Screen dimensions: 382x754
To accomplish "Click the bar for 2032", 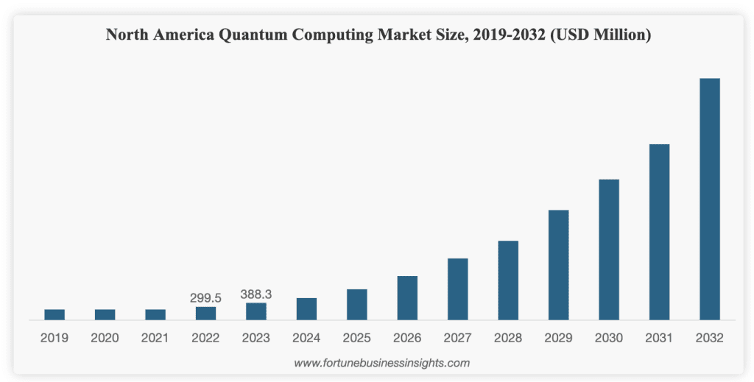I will point(709,199).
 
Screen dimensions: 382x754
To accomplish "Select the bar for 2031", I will point(659,232).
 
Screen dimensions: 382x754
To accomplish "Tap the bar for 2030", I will point(609,250).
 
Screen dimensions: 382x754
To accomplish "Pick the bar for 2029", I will point(558,265).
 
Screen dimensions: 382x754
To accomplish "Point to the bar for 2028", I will point(508,280).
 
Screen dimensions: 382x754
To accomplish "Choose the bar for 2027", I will point(457,289).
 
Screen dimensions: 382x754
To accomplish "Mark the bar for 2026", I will point(407,298).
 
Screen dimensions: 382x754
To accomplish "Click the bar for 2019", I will point(54,314).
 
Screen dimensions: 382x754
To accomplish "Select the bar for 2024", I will point(306,309).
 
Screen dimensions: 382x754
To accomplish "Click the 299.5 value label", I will point(205,298).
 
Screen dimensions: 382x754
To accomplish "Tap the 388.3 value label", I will point(256,294).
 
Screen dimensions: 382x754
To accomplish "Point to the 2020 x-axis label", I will point(105,339).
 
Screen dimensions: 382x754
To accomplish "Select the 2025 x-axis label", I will point(357,339).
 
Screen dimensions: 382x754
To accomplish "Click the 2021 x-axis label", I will point(155,339).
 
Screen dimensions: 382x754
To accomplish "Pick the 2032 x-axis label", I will point(709,339).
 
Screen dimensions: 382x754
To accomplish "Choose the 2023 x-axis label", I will point(256,339).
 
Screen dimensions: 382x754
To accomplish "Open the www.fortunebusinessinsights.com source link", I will point(381,363).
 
